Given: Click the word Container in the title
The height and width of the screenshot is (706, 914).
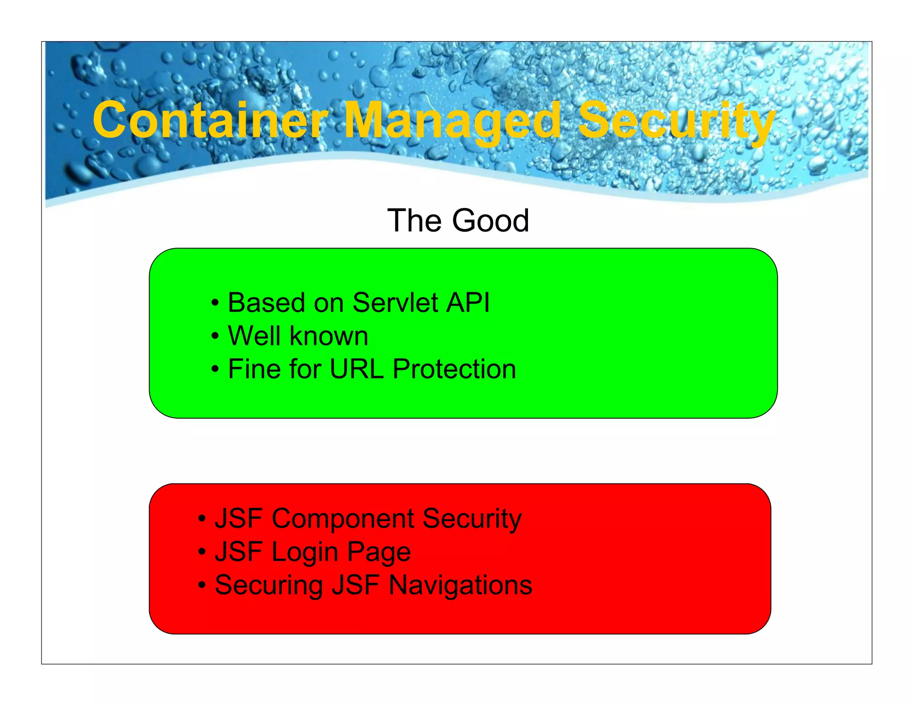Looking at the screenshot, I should (x=210, y=120).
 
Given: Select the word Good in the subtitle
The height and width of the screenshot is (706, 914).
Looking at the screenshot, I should (x=490, y=220).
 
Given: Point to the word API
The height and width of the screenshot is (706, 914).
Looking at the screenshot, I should (x=468, y=303).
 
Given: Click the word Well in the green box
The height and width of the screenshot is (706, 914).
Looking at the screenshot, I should (x=255, y=336).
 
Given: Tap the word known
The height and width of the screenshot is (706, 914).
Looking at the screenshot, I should (x=329, y=336).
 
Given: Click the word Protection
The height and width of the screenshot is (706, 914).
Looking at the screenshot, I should (x=454, y=369).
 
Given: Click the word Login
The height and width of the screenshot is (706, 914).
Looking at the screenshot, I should (x=305, y=552).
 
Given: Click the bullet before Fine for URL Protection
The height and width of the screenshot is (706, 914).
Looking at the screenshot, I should (x=215, y=370).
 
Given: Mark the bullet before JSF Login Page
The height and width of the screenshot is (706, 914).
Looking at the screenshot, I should (x=202, y=552).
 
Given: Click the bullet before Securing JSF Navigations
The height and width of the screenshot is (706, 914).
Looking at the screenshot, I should (x=202, y=585).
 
